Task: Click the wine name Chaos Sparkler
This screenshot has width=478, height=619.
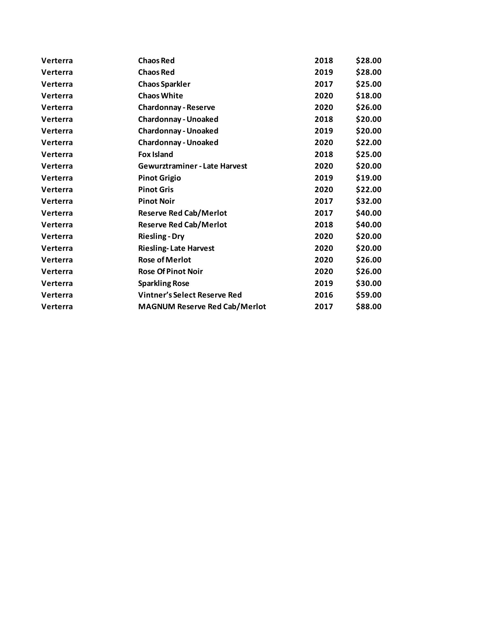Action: click(164, 84)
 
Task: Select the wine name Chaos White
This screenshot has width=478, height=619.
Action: click(160, 96)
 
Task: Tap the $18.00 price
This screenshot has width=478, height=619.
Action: click(368, 96)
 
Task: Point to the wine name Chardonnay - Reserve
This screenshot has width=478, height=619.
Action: click(177, 107)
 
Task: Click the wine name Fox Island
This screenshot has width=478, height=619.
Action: click(156, 154)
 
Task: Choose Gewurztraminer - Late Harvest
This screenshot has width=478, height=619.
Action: click(192, 166)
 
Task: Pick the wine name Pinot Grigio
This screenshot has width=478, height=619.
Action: click(159, 178)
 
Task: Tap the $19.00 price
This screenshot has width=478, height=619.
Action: click(368, 178)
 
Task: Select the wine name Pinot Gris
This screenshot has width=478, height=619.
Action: click(156, 190)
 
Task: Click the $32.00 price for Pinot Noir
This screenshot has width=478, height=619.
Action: click(368, 201)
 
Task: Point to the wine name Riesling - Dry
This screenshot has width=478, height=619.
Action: click(161, 236)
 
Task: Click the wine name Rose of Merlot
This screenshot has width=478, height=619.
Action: click(164, 260)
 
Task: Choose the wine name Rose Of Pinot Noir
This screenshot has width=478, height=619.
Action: click(170, 271)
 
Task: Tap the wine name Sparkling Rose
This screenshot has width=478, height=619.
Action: click(164, 283)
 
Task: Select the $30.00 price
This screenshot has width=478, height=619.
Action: click(368, 283)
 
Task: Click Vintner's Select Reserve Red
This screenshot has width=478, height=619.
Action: click(190, 295)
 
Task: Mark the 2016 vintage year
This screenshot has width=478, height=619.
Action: click(324, 295)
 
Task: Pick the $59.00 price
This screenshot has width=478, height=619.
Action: click(368, 295)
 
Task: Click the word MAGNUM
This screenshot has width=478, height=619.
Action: click(156, 307)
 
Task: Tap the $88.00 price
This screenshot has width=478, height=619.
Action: click(368, 307)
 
